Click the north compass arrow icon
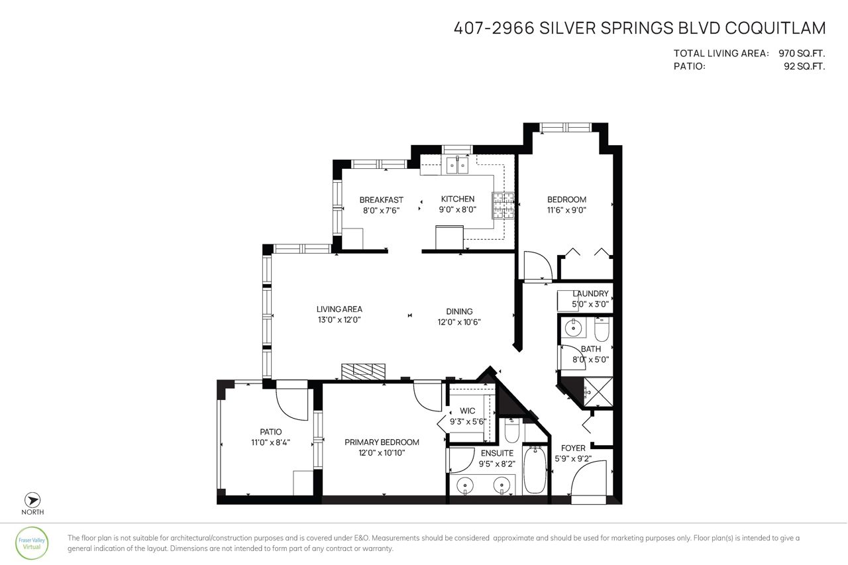click(x=32, y=500)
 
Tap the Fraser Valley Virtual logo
click(x=32, y=543)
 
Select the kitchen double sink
click(x=457, y=166)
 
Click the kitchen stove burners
click(x=503, y=205)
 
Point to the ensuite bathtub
click(x=535, y=470)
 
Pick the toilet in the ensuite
click(x=512, y=431)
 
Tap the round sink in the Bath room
click(x=573, y=327)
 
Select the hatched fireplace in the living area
click(x=363, y=371)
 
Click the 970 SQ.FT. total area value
click(x=802, y=54)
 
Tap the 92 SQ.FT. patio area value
click(x=804, y=66)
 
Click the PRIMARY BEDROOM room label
click(x=382, y=442)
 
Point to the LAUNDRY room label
click(x=590, y=293)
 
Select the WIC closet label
click(x=467, y=411)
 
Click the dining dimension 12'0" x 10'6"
click(x=459, y=322)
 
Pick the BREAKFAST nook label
click(x=381, y=199)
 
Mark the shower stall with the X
click(x=598, y=391)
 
